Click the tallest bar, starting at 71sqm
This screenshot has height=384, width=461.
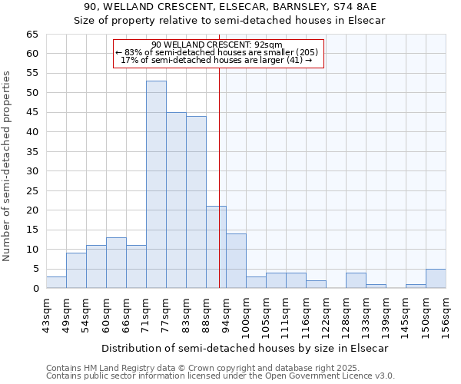tap(156, 184)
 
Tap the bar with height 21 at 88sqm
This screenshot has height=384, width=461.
tap(216, 247)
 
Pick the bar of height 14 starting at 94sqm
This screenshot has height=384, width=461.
tap(236, 260)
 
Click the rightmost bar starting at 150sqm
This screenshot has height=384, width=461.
tap(436, 278)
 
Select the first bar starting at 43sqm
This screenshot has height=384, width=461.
tap(56, 282)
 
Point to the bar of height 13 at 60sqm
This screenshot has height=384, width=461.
tap(116, 263)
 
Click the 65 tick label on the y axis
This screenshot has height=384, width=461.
tap(32, 35)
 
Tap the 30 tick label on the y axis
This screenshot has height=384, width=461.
tap(32, 171)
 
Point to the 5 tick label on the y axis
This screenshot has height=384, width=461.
tap(35, 269)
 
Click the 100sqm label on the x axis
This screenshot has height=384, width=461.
tap(246, 316)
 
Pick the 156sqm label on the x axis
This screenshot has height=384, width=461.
tap(446, 316)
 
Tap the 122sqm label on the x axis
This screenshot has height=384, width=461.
tap(326, 316)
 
